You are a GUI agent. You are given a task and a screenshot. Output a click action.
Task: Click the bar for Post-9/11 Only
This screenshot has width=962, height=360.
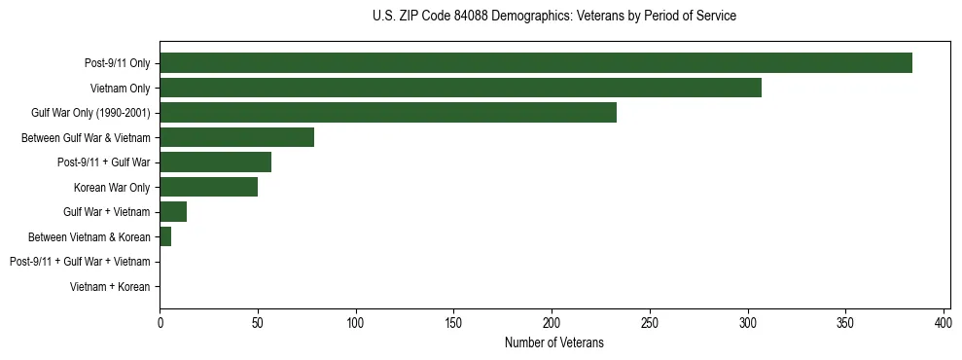click(x=536, y=63)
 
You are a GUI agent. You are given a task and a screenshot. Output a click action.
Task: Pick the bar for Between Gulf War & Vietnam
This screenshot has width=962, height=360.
click(x=236, y=137)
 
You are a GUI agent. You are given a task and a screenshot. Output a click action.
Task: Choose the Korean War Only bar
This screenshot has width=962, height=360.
click(x=208, y=187)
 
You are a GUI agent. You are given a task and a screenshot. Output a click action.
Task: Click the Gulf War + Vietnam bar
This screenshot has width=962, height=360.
click(x=173, y=212)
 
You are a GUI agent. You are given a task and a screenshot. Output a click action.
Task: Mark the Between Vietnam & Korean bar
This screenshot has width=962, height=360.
click(x=165, y=236)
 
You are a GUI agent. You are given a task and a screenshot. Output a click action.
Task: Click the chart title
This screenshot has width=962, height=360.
click(x=554, y=17)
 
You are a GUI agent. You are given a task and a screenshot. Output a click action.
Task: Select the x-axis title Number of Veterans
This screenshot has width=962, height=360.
click(x=554, y=342)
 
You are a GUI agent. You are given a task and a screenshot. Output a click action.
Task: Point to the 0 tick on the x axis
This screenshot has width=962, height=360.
click(x=160, y=322)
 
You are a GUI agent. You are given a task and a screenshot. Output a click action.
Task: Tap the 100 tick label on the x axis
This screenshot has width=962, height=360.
click(x=356, y=322)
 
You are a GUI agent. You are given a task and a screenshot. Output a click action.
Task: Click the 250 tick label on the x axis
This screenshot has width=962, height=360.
click(x=650, y=322)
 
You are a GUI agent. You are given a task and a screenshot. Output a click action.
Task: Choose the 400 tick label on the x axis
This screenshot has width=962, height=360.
click(x=944, y=322)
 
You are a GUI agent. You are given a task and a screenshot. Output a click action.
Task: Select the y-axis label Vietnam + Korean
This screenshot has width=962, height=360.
click(x=110, y=287)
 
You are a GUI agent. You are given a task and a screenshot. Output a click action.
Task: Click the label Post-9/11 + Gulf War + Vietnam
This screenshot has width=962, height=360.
click(x=80, y=262)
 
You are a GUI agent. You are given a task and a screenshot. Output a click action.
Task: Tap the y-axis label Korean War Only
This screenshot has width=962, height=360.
click(x=112, y=188)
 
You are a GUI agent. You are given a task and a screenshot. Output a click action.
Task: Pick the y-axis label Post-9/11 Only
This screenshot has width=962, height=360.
click(x=118, y=64)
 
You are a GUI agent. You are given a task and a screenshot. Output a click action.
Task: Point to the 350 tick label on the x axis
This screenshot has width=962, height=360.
click(x=845, y=322)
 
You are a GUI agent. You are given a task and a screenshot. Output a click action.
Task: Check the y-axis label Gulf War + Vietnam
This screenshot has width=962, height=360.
click(x=106, y=212)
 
